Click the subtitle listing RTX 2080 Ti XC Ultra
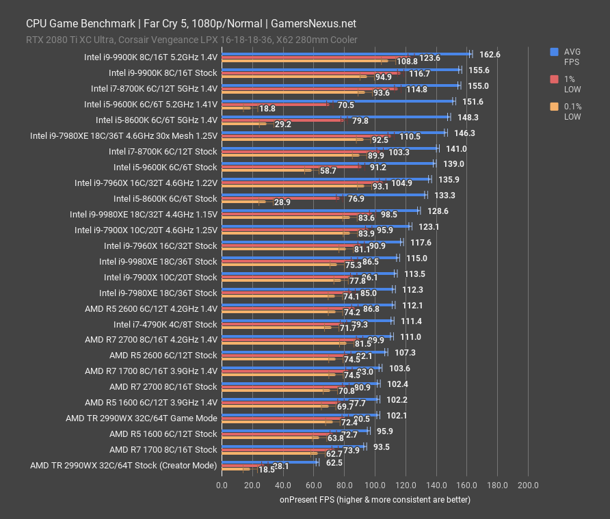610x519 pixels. pos(191,40)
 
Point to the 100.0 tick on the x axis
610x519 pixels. pos(375,485)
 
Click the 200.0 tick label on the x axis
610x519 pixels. pos(527,485)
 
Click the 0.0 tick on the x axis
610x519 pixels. pos(222,485)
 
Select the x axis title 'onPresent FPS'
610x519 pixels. pos(375,499)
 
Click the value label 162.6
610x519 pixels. pos(490,54)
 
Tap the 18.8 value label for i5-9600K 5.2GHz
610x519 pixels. pos(267,109)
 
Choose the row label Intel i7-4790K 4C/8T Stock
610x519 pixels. pos(165,324)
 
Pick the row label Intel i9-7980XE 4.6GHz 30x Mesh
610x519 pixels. pos(124,135)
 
